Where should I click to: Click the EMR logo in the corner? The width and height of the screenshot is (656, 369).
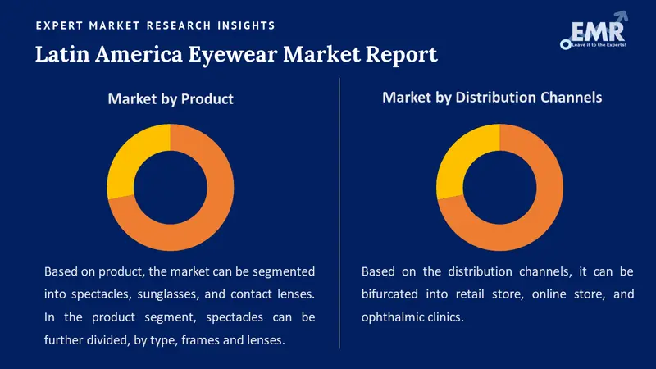[593, 32]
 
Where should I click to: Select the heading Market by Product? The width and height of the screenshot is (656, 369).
[171, 98]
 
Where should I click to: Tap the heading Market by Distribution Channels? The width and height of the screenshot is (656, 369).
[492, 97]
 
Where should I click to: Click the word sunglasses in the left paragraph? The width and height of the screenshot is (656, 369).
[169, 294]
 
